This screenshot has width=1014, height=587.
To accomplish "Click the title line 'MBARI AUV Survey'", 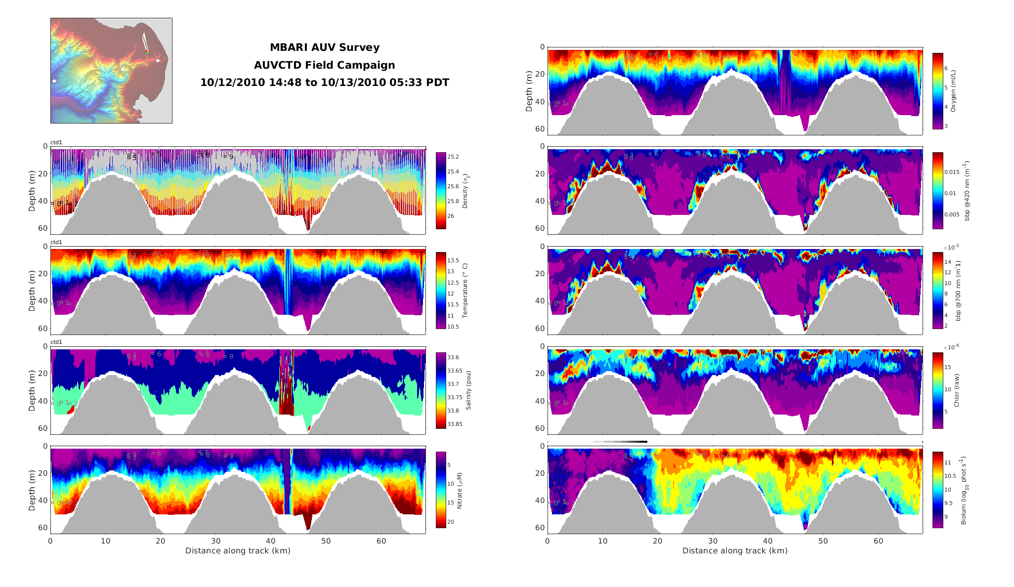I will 324,48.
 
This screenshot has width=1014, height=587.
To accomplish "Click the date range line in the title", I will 324,83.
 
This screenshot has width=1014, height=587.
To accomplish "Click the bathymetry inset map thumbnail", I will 111,71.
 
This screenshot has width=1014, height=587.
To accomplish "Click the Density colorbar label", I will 465,191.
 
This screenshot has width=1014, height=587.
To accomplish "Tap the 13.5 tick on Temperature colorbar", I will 453,260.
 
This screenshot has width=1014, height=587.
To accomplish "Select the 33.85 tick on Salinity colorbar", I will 455,424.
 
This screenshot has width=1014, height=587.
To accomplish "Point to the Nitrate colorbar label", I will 460,491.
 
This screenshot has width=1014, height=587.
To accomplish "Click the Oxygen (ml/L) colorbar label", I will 953,91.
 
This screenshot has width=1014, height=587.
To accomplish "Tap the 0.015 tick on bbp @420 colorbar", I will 952,172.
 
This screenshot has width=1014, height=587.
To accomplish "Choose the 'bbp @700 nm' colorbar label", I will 959,291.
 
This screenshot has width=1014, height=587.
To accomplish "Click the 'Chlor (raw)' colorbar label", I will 957,390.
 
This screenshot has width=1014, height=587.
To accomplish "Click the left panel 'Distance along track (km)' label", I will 238,551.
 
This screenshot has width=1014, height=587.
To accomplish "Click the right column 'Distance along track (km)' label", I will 735,551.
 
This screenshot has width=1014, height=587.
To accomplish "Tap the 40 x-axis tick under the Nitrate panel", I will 271,541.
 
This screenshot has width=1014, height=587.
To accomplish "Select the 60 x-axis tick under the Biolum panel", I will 878,541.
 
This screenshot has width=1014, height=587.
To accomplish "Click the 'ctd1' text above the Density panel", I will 56,143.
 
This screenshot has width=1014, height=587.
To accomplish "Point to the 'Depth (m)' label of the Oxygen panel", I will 529,91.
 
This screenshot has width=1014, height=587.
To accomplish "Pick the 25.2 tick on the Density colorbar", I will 453,157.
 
